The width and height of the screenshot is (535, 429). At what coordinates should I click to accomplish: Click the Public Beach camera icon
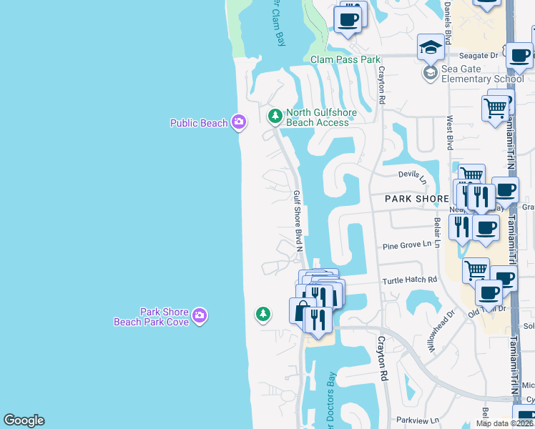239,122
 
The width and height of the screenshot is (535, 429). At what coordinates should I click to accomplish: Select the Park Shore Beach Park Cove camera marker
200,315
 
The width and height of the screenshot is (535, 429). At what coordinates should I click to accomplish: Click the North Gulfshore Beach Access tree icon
274,115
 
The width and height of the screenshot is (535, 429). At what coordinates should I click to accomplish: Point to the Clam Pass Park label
345,60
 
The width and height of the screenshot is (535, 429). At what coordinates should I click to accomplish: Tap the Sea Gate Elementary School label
482,74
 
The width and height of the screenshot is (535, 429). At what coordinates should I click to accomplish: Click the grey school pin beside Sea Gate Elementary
430,73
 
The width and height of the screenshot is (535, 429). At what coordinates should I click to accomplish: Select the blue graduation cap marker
430,48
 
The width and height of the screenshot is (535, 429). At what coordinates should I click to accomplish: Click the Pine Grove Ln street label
408,245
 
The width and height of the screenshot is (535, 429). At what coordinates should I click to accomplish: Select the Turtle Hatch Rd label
408,280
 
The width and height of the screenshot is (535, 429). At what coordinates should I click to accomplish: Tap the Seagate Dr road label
478,55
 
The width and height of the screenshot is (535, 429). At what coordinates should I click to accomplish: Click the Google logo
24,420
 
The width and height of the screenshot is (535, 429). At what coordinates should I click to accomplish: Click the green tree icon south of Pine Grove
263,313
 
